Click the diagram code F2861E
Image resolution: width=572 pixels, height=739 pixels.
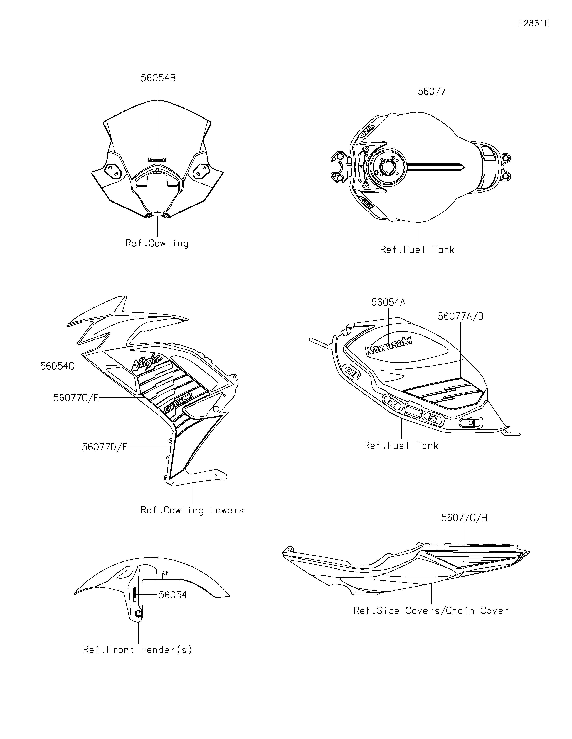coord(533,23)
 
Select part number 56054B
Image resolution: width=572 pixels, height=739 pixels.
coord(158,78)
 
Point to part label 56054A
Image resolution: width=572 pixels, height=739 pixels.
coord(388,302)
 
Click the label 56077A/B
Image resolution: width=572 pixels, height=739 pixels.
coord(460,316)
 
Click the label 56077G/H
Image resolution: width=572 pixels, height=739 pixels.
coord(464,527)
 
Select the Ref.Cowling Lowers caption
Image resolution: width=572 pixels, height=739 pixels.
coord(192,510)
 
